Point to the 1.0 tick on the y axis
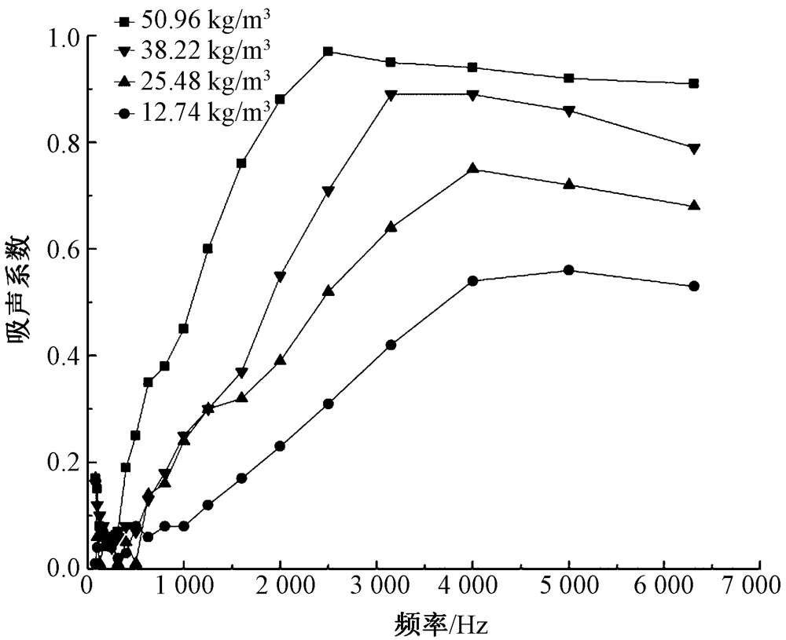coord(61,37)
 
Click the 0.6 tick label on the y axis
coord(61,249)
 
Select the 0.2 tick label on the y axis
coord(61,462)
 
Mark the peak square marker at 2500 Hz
coord(328,52)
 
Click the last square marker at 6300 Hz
coord(693,83)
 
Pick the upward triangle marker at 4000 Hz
coord(472,168)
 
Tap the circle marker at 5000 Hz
coord(568,270)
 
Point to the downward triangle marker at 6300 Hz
coord(693,148)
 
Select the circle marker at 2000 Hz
coord(280,446)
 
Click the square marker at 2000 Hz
coord(280,100)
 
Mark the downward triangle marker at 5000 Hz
coord(568,111)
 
